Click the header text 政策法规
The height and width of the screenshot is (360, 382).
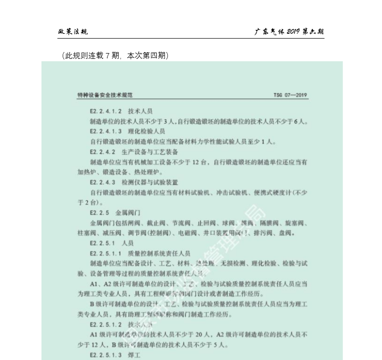[x=73, y=32]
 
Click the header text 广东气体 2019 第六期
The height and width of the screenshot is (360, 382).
[x=289, y=32]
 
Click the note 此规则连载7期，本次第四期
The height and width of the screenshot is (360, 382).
[x=115, y=56]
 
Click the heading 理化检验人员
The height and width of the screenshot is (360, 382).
[x=147, y=131]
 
